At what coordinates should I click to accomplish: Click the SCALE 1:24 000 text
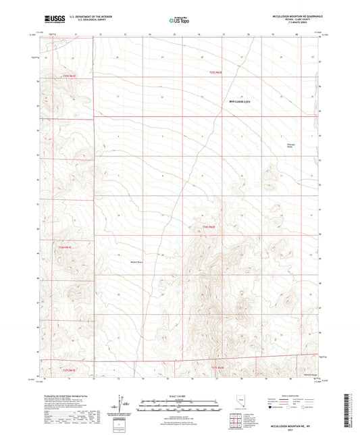(x=179, y=394)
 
